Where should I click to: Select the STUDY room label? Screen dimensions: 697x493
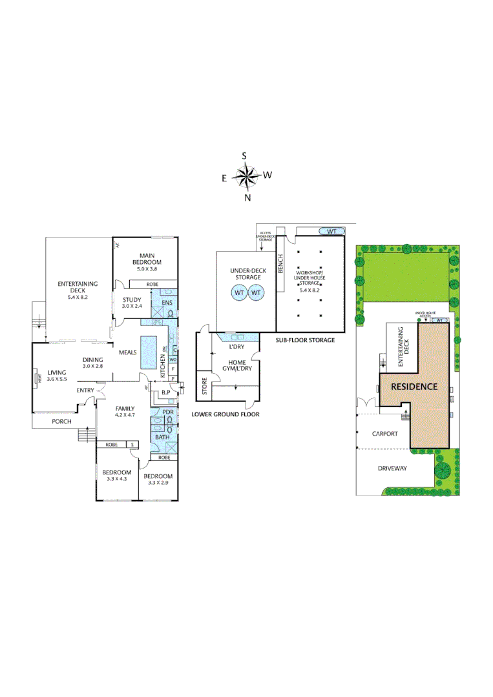(x=132, y=299)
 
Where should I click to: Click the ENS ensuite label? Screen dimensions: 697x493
(x=165, y=302)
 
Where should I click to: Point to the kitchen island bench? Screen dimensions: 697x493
(x=150, y=352)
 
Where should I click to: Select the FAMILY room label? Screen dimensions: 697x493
(x=125, y=409)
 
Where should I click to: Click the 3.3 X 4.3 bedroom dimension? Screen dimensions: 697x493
(x=117, y=479)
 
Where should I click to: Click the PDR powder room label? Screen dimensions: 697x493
(x=168, y=412)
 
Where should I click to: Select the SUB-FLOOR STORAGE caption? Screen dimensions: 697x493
(x=306, y=339)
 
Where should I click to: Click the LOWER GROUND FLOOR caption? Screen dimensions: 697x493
(x=226, y=414)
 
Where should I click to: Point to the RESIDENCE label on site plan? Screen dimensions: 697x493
(x=414, y=387)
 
